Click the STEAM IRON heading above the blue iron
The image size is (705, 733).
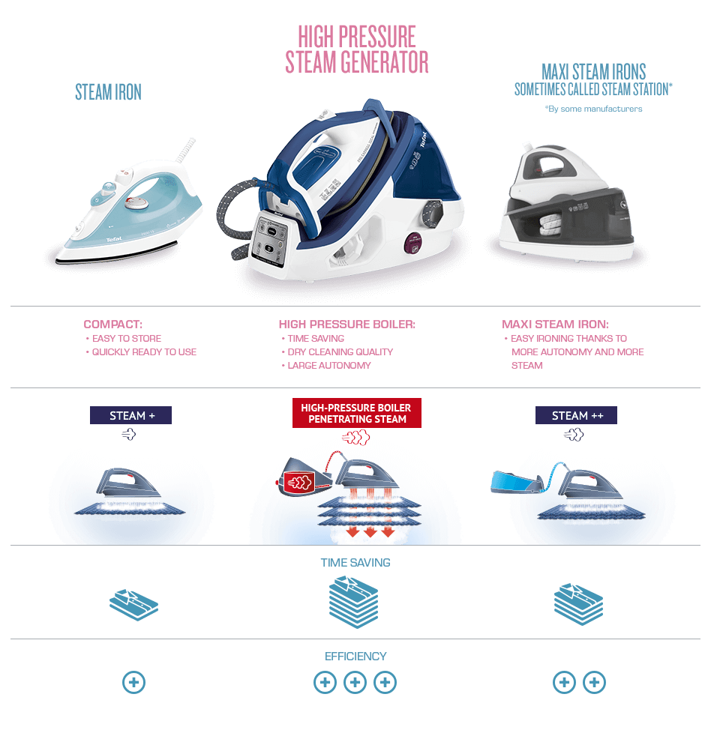click(x=108, y=92)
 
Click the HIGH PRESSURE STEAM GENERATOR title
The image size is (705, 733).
click(x=356, y=49)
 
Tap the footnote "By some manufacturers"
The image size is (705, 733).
click(x=593, y=109)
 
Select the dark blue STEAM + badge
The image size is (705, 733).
click(x=130, y=415)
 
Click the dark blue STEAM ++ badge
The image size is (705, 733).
click(x=576, y=415)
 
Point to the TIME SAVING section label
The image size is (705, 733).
click(x=355, y=562)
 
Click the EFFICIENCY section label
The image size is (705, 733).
click(x=355, y=656)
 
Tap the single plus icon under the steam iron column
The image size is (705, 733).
click(x=133, y=682)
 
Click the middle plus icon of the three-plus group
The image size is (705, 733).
click(x=355, y=682)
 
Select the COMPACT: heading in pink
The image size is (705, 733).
click(x=112, y=325)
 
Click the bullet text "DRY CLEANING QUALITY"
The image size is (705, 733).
click(x=340, y=352)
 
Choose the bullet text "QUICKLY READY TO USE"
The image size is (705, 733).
click(x=144, y=352)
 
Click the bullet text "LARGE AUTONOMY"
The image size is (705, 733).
click(x=329, y=365)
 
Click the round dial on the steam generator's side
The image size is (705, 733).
click(x=430, y=210)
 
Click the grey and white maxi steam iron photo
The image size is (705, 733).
click(x=567, y=199)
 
